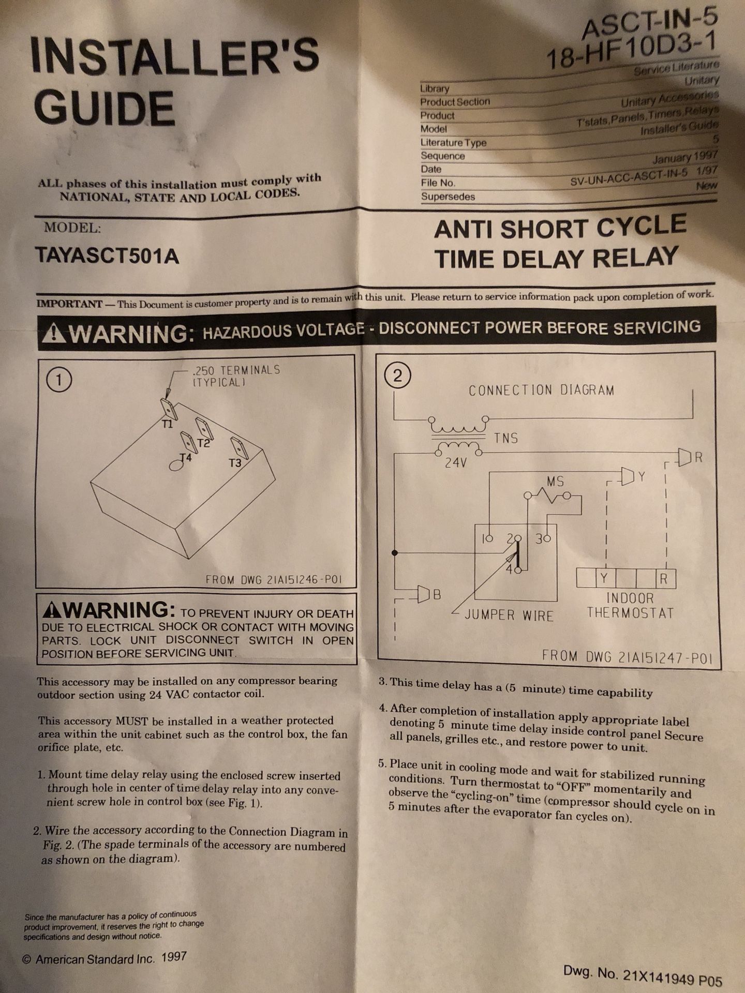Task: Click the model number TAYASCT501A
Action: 107,254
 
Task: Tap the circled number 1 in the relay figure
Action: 58,381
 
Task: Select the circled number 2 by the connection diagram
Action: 398,376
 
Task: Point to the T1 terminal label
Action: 166,424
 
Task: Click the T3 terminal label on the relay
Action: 235,463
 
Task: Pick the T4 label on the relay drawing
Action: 186,457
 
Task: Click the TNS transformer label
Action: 505,438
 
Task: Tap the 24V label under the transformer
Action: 455,463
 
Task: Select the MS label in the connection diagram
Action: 555,482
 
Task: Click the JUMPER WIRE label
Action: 509,615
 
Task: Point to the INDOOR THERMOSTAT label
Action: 630,606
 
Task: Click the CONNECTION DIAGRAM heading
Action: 541,390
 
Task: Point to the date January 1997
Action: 685,157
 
